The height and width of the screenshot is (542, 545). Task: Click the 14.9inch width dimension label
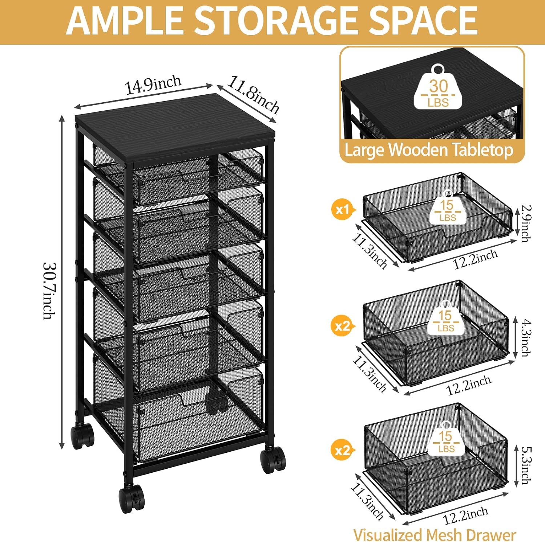tap(153, 85)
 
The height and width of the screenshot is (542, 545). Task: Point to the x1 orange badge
tap(342, 210)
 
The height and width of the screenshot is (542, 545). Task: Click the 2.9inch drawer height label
tap(526, 223)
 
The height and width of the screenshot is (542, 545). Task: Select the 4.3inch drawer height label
tap(526, 338)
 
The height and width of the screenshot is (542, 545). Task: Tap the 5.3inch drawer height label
tap(526, 465)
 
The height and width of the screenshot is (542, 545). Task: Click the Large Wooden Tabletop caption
tap(429, 150)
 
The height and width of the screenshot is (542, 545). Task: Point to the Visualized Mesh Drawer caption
tap(435, 534)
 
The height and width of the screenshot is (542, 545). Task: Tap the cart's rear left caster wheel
tap(82, 436)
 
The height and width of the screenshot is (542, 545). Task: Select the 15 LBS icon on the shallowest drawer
tap(448, 207)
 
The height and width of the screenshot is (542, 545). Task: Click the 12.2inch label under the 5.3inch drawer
tap(465, 516)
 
